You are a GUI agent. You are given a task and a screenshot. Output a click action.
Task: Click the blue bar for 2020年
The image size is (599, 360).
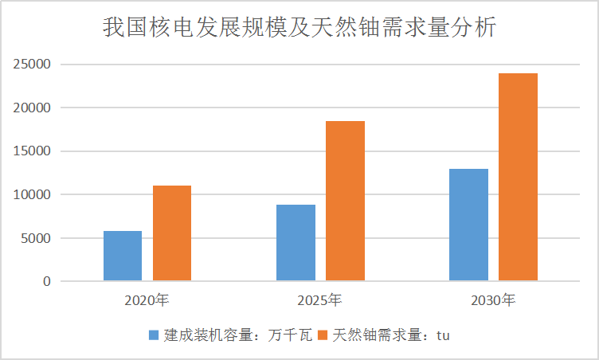(x=123, y=256)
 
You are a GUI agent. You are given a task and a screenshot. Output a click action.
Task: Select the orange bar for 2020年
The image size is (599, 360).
(x=172, y=233)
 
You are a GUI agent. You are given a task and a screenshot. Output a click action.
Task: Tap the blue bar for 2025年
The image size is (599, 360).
(x=296, y=243)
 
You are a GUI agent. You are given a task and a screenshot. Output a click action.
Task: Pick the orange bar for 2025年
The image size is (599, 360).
(x=345, y=201)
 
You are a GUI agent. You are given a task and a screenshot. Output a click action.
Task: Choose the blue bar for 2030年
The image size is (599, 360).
(x=468, y=225)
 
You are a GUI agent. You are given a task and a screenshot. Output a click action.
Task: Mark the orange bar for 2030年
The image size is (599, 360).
(x=518, y=177)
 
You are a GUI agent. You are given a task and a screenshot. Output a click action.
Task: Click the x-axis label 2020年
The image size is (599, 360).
(x=147, y=301)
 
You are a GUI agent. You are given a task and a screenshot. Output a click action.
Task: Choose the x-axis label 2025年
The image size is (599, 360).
(x=320, y=301)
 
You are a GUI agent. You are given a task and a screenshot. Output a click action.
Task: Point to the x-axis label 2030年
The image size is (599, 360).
(x=493, y=301)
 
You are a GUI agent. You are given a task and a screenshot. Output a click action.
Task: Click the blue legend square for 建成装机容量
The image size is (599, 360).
(x=154, y=335)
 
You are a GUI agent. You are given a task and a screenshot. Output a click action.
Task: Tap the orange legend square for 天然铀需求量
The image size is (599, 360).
(x=323, y=335)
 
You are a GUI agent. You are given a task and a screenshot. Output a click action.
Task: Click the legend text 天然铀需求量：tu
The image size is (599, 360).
(x=391, y=335)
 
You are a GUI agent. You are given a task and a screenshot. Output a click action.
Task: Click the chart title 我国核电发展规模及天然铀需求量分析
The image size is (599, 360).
(x=299, y=29)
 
